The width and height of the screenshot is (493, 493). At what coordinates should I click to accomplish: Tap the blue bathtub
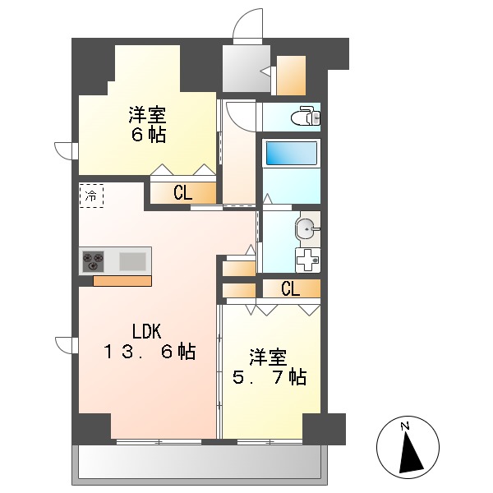coord(290,154)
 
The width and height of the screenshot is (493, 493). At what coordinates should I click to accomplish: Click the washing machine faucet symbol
coord(308,260)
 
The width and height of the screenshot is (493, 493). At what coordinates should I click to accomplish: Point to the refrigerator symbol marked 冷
coord(91,196)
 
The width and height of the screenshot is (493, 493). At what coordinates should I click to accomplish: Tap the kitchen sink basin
coord(132,262)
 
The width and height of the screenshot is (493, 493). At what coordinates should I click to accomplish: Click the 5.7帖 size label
coord(269,377)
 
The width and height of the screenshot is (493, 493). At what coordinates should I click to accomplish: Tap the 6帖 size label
coord(148,135)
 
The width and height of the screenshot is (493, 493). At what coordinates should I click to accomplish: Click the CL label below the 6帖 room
coord(182,194)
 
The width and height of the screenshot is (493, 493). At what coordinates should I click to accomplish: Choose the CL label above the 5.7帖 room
coord(290,288)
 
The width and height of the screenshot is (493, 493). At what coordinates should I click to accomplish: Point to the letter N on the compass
coord(404,426)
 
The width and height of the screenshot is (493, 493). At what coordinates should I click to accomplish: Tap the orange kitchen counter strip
coord(122,281)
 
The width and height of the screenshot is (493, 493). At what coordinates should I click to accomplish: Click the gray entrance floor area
coord(244,69)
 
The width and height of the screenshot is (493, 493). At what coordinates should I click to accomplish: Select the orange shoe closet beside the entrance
coord(291,76)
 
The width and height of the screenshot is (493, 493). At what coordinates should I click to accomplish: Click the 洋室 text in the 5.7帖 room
coord(269,357)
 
